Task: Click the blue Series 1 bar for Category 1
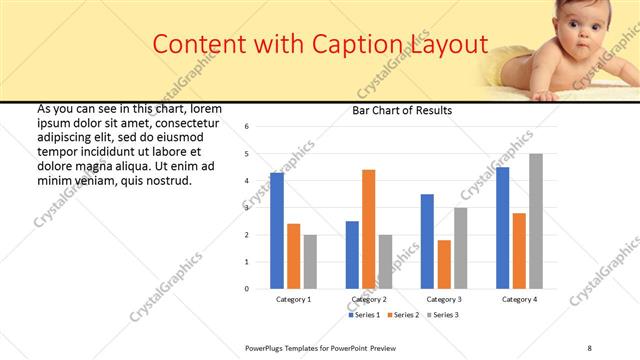click(x=277, y=231)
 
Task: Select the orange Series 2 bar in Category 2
click(x=368, y=229)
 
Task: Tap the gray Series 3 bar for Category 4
click(x=536, y=221)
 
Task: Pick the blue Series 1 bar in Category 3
click(x=427, y=241)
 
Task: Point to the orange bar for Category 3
click(x=444, y=264)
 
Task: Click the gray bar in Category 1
click(x=310, y=262)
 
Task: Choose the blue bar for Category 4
click(x=502, y=228)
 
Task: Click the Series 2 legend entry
click(x=402, y=315)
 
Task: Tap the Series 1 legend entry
click(x=362, y=315)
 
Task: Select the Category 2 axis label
click(x=369, y=299)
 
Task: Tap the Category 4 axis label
click(x=519, y=299)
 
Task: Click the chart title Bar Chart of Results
click(x=402, y=111)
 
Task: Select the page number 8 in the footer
click(x=589, y=347)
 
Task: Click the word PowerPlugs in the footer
click(x=267, y=347)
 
